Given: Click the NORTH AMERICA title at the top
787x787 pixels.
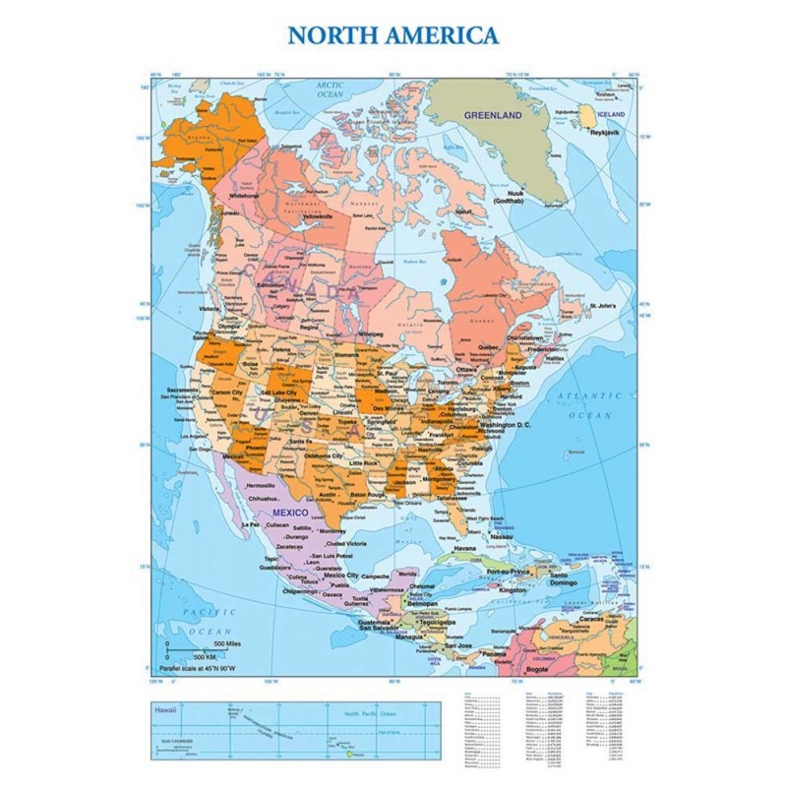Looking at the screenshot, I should coord(393,36).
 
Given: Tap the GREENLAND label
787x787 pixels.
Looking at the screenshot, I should coord(493,115).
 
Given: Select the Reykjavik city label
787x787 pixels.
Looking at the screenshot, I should coord(604,130).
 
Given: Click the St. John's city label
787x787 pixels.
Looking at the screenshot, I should coord(602,306).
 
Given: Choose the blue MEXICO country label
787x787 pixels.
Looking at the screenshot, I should coord(291,514).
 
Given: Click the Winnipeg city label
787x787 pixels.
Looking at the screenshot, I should coord(371,333).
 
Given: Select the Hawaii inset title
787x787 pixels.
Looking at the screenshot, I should coord(162,708).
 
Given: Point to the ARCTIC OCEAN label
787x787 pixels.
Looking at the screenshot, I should coord(329,90).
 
